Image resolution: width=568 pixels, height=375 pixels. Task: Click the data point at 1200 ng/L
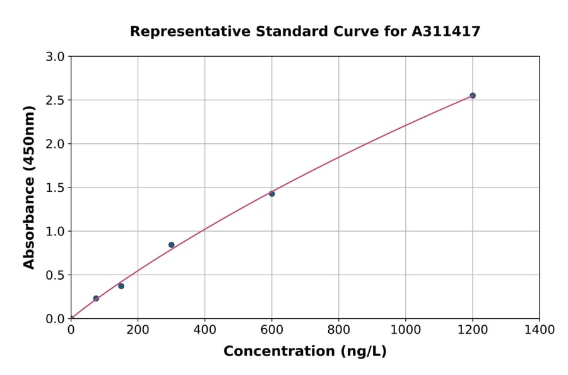[x=472, y=96]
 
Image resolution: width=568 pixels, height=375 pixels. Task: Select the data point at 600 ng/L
[x=272, y=194]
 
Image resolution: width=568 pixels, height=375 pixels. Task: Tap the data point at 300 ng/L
[x=172, y=245]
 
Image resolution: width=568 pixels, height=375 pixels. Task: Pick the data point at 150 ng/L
[x=121, y=286]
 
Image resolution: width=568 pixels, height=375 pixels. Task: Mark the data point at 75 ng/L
[x=96, y=299]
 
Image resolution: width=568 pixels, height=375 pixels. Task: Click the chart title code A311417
[x=446, y=32]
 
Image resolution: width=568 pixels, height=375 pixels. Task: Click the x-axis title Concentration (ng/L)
[x=305, y=352]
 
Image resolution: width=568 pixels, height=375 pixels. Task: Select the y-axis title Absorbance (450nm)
[x=29, y=187]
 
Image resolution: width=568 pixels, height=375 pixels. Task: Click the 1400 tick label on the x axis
[x=539, y=330]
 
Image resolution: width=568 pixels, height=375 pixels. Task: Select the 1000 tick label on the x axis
[x=405, y=330]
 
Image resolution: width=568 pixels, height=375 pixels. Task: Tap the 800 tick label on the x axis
[x=338, y=330]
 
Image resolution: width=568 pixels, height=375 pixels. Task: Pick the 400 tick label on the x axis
[x=204, y=330]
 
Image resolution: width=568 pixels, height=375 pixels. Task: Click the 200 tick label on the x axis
[x=138, y=330]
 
